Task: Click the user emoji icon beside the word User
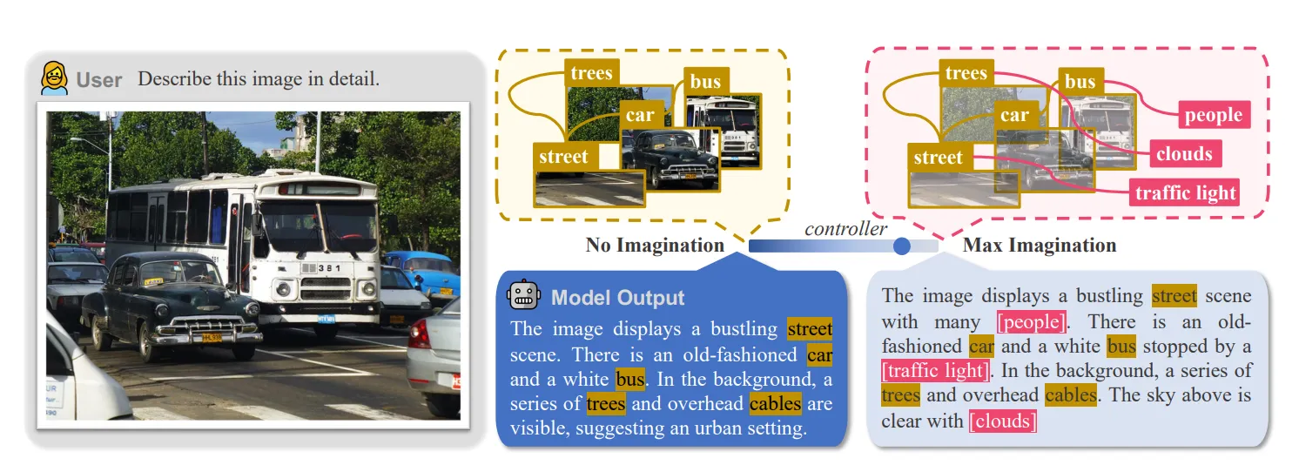pos(55,78)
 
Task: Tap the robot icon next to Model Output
pos(523,295)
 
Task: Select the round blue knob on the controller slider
pos(902,246)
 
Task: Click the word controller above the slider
pos(845,229)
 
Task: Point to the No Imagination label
pos(655,246)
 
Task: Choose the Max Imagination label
pos(1040,246)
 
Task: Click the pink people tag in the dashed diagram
pos(1214,115)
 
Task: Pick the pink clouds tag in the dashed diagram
pos(1184,154)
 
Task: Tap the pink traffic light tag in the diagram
pos(1186,192)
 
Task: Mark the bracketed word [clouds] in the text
pos(1003,421)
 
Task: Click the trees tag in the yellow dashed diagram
pos(592,73)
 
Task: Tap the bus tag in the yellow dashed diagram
pos(705,82)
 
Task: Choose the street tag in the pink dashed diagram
pos(938,158)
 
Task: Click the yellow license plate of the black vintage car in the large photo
pos(211,337)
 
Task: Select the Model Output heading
pos(617,297)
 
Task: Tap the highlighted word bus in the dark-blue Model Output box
pos(630,380)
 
